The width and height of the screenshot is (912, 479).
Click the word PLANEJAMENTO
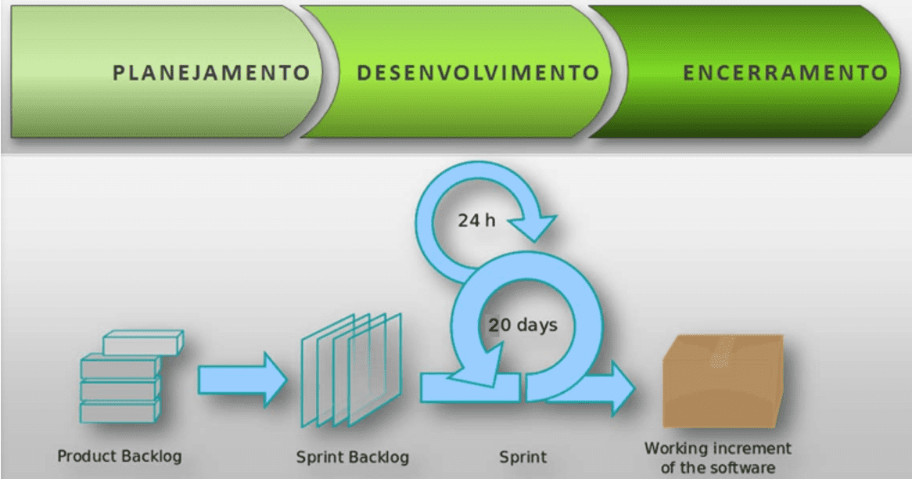(x=211, y=73)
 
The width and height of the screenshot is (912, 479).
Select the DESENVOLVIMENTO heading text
(x=478, y=73)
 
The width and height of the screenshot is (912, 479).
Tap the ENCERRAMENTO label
(x=785, y=73)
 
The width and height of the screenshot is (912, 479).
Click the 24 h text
(x=476, y=220)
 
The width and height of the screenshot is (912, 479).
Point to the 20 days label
(x=523, y=325)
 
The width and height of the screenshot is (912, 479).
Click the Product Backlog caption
(x=119, y=456)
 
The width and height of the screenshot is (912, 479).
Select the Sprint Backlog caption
(x=353, y=457)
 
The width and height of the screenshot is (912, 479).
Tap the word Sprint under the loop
(x=523, y=457)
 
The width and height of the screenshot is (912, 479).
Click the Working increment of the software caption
(x=718, y=457)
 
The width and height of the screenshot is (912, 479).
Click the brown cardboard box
(x=723, y=381)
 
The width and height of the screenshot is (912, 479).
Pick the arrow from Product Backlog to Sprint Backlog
(x=242, y=380)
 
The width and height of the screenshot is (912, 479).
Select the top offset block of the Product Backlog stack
(x=143, y=342)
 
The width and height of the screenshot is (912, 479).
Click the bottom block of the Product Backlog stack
(x=120, y=411)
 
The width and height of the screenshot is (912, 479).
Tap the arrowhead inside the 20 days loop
(x=478, y=366)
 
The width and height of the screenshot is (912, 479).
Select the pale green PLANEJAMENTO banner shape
(x=166, y=71)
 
